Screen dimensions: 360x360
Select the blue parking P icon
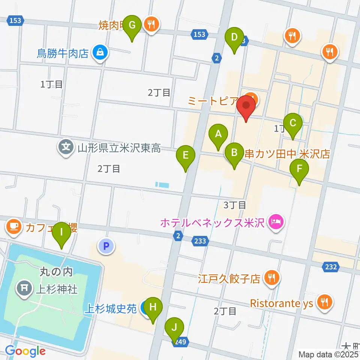[x=106, y=246]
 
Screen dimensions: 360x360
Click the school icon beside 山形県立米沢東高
[x=66, y=146]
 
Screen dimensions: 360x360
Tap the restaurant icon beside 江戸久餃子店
[x=270, y=278]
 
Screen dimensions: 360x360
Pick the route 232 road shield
[x=330, y=267]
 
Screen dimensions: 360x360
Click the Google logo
[x=25, y=351]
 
